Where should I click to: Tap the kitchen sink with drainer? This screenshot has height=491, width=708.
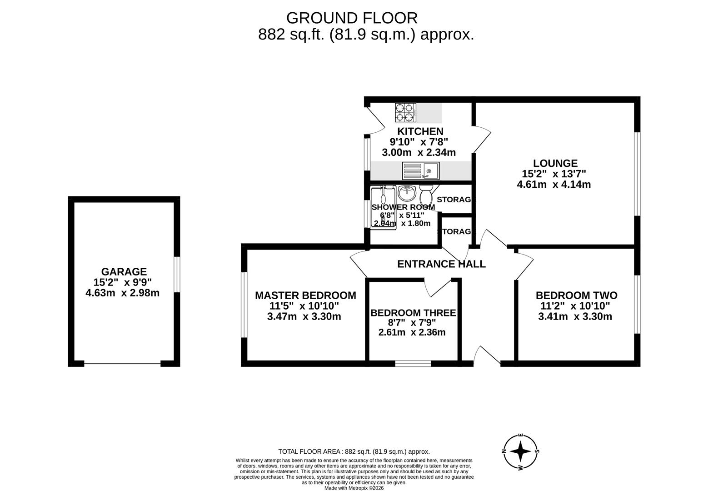(420, 171)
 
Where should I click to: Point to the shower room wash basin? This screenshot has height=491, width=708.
(407, 193)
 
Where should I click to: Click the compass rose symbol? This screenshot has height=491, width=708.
(521, 451)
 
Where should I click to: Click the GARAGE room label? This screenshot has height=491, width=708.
(124, 272)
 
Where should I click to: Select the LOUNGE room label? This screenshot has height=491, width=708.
(555, 163)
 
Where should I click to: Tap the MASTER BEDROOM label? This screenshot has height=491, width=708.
(305, 296)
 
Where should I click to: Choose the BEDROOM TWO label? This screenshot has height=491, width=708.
(576, 296)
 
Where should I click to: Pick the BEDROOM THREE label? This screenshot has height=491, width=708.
(413, 313)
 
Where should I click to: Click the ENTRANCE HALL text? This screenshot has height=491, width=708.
(441, 264)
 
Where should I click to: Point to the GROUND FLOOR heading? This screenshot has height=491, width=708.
(352, 18)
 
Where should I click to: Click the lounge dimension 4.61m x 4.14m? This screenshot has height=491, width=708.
(553, 185)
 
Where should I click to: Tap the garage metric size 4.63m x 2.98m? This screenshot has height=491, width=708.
(123, 293)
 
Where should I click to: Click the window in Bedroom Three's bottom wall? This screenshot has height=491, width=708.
(413, 363)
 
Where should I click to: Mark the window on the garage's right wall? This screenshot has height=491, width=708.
(177, 274)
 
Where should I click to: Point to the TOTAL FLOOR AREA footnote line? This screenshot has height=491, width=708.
(354, 451)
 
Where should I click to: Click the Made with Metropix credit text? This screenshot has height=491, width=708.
(354, 488)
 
